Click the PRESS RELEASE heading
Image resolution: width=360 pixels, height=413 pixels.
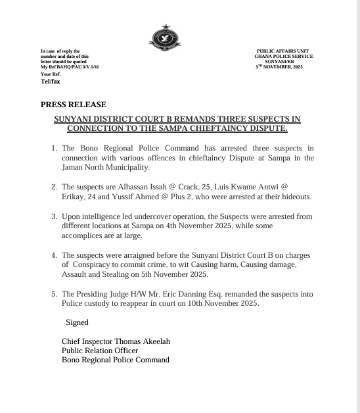click(73, 105)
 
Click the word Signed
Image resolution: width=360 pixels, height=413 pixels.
click(77, 322)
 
